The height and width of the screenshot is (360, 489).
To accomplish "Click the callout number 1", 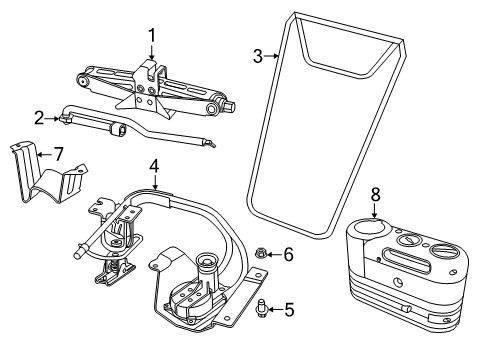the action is (152, 36).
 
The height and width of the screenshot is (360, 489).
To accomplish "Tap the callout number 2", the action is (39, 118).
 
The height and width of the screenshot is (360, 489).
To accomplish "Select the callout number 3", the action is (258, 56).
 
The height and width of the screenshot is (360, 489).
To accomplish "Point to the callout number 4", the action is (154, 166).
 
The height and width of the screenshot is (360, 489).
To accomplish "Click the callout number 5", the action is (289, 310).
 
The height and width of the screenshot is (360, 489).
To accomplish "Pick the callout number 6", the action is (288, 254).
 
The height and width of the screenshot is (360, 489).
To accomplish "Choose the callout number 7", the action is (58, 154).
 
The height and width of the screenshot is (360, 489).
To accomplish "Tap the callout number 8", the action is (375, 195).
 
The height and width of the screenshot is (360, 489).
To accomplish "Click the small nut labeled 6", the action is (259, 254).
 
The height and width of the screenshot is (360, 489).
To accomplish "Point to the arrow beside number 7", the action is (44, 154).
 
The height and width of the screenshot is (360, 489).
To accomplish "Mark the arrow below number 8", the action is (375, 211).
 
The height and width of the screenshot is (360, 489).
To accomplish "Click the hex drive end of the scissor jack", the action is (231, 106).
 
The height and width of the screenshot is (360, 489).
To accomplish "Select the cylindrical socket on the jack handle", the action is (118, 129).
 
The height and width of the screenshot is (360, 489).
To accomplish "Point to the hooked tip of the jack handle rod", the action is (211, 143).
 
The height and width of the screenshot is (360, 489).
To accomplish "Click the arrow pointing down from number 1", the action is (152, 52).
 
